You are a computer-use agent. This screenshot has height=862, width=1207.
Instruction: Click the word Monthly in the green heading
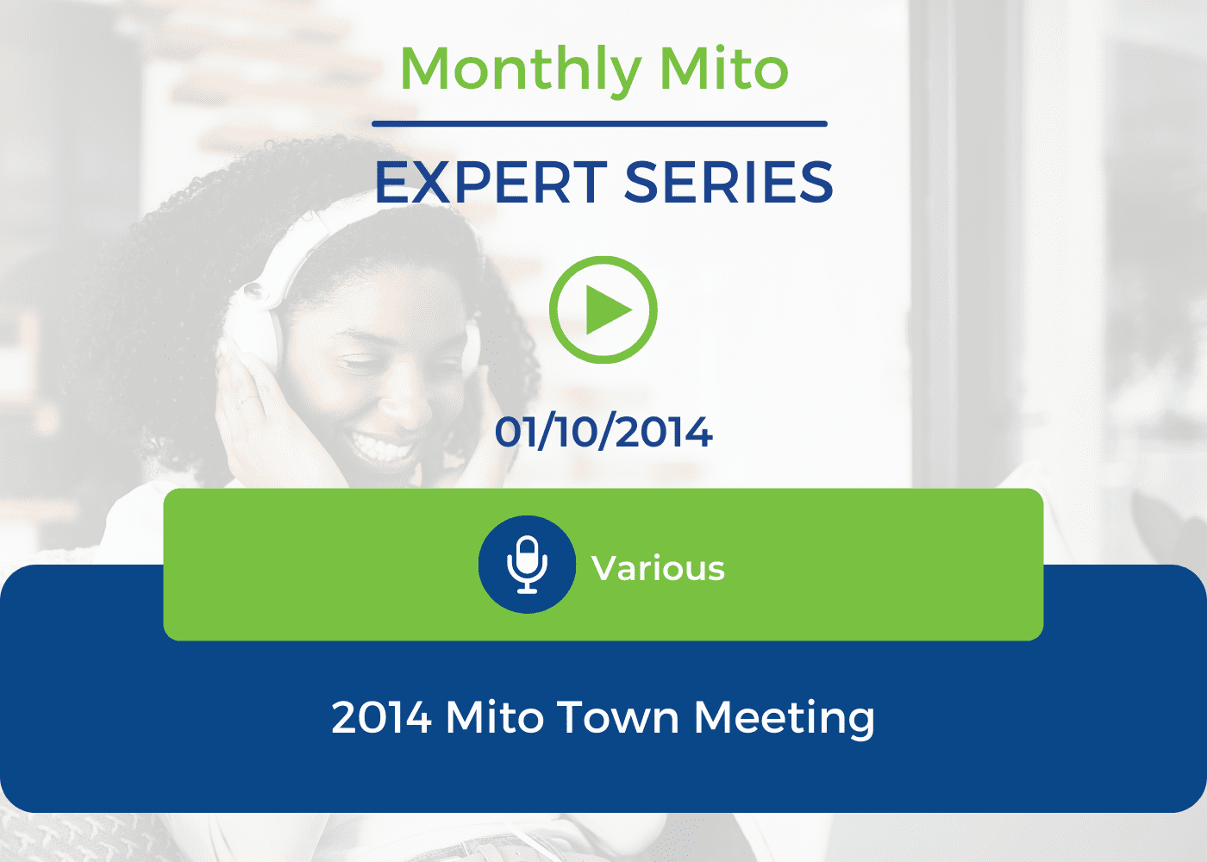coord(521,70)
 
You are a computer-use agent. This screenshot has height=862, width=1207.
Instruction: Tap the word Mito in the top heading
coord(724,68)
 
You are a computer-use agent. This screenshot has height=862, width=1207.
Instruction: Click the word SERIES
coord(729,182)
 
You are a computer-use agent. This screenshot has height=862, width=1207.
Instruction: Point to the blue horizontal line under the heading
coord(599,124)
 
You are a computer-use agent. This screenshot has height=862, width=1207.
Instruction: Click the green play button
coord(603,309)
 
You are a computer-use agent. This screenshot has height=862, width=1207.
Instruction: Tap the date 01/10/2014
coord(603,432)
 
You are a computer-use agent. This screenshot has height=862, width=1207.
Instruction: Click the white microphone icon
coord(527,565)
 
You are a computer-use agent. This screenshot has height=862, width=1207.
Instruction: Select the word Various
coord(658,568)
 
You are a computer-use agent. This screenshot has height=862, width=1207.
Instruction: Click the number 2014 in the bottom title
coord(381,717)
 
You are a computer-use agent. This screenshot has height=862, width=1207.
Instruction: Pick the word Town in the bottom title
coord(617,717)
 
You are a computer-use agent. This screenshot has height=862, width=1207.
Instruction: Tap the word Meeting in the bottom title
coord(785,719)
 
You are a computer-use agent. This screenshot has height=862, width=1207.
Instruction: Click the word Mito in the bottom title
coord(495,717)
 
